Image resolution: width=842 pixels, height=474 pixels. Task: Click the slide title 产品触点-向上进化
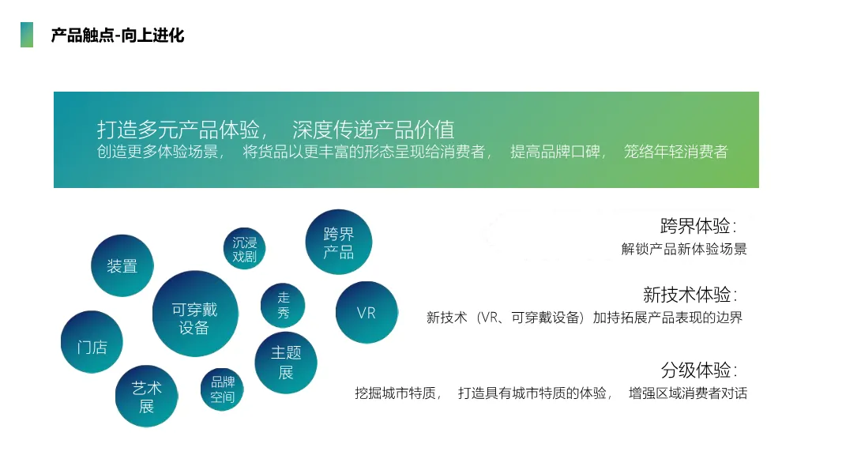click(117, 36)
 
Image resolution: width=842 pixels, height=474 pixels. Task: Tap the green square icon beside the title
click(27, 35)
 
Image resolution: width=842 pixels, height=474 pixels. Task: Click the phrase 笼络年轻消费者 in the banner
click(675, 152)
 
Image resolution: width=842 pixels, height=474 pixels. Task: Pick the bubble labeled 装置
click(122, 266)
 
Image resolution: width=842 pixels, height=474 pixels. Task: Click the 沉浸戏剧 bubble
click(245, 249)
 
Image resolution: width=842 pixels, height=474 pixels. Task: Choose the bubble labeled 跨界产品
click(338, 243)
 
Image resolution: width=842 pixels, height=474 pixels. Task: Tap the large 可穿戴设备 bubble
click(194, 314)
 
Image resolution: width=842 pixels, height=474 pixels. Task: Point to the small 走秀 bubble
click(283, 306)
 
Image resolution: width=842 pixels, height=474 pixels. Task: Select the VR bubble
click(366, 313)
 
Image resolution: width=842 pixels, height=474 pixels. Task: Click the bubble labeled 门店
click(92, 343)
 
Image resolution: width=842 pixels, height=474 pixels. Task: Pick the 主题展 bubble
click(286, 363)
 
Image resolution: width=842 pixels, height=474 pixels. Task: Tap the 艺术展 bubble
click(147, 397)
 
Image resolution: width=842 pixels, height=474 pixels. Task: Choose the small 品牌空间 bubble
click(223, 389)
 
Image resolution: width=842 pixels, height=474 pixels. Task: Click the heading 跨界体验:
click(698, 226)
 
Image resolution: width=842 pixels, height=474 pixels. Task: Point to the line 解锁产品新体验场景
click(684, 249)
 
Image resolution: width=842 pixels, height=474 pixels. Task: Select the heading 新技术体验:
click(690, 295)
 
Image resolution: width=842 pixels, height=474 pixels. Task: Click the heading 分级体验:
click(698, 370)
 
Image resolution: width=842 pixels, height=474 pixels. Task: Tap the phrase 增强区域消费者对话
click(687, 393)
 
